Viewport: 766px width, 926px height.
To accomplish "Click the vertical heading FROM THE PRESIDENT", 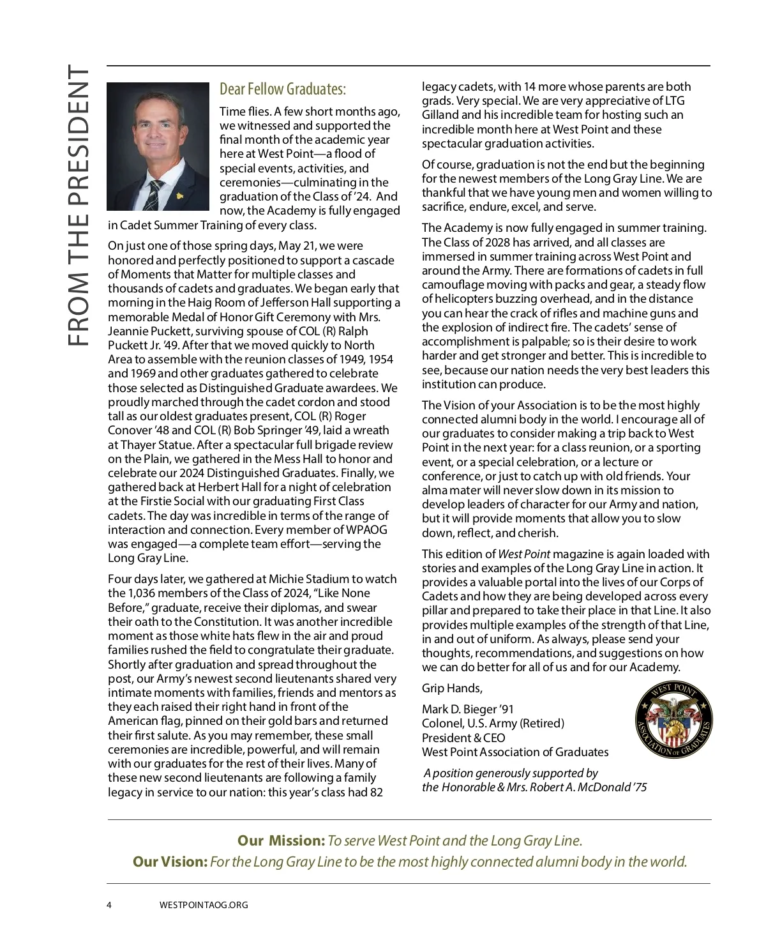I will pos(78,206).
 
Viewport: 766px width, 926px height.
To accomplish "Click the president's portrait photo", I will pos(158,146).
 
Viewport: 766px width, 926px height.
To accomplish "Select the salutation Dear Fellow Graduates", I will pos(283,89).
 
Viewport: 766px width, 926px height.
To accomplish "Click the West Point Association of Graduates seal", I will pos(673,720).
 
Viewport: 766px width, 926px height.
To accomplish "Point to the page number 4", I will pos(109,905).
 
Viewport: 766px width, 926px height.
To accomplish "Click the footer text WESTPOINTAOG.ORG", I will pos(204,905).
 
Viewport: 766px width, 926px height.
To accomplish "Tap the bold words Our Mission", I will pos(281,840).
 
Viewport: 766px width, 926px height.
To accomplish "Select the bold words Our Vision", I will pos(170,861).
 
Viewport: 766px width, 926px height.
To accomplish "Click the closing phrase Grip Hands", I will pos(452,688).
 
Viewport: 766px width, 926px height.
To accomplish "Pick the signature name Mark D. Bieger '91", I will pos(467,709).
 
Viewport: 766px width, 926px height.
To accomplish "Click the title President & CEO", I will pos(463,738).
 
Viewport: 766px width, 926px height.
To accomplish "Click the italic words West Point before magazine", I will pos(524,554).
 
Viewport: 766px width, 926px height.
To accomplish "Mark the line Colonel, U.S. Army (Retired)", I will pos(493,723).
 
